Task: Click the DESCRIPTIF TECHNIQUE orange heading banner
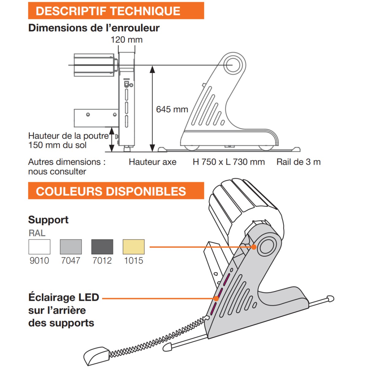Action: pyautogui.click(x=116, y=11)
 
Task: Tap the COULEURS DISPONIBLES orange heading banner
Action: pyautogui.click(x=116, y=191)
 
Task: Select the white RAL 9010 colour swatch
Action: pyautogui.click(x=39, y=247)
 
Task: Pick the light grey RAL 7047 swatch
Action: pyautogui.click(x=71, y=247)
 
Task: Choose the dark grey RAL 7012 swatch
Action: pyautogui.click(x=102, y=247)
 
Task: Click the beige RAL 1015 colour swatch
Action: pyautogui.click(x=134, y=247)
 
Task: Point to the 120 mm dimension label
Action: pyautogui.click(x=127, y=40)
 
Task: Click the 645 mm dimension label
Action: pyautogui.click(x=172, y=109)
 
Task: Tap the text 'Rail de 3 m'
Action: pyautogui.click(x=298, y=162)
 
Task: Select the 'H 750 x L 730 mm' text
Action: pyautogui.click(x=229, y=162)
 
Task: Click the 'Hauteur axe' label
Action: pyautogui.click(x=152, y=162)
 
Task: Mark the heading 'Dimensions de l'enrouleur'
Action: pyautogui.click(x=94, y=28)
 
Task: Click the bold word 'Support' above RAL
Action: pyautogui.click(x=48, y=220)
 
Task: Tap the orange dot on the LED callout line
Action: pyautogui.click(x=217, y=298)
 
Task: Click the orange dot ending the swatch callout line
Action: pyautogui.click(x=254, y=247)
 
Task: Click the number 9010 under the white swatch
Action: pyautogui.click(x=39, y=261)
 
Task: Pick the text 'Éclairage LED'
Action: pyautogui.click(x=64, y=297)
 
